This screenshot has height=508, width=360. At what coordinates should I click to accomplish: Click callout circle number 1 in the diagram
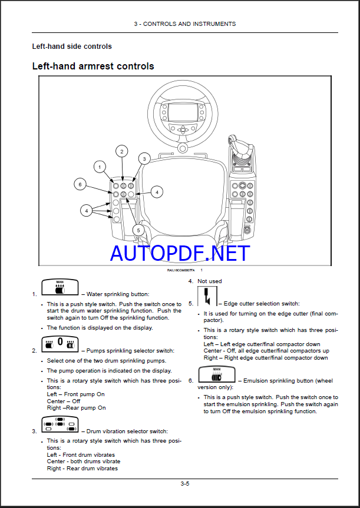click(x=100, y=167)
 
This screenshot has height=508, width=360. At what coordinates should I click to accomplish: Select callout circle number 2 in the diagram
click(x=121, y=151)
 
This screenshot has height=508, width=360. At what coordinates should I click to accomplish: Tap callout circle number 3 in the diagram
click(x=143, y=158)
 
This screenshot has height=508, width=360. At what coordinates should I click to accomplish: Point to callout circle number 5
click(x=138, y=230)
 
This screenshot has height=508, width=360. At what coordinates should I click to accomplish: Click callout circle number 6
click(x=80, y=184)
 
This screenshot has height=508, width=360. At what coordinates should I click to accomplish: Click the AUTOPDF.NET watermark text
click(x=180, y=254)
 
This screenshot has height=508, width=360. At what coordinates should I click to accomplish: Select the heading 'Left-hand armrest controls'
click(x=93, y=66)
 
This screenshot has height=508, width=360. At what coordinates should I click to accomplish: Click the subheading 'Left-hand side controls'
click(x=72, y=46)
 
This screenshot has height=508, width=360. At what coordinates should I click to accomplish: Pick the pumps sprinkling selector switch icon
click(x=60, y=345)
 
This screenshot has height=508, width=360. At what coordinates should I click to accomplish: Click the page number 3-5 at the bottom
click(x=184, y=484)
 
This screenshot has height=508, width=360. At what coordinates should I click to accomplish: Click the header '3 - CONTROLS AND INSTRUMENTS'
click(x=184, y=24)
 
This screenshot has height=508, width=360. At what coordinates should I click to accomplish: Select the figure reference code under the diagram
click(x=181, y=270)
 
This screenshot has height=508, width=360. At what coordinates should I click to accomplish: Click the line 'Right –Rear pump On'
click(x=77, y=407)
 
